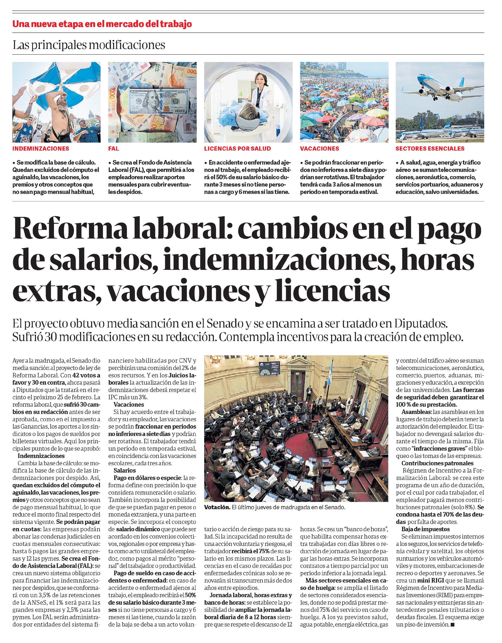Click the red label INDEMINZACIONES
41,149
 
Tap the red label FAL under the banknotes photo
114,149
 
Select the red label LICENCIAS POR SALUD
237,149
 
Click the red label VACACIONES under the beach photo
319,149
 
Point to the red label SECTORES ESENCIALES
430,149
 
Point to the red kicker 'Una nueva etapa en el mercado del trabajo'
102,24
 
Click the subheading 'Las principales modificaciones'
89,45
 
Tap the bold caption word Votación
217,507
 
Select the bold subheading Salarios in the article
124,470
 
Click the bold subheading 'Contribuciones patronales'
437,463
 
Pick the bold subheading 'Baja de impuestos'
425,529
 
